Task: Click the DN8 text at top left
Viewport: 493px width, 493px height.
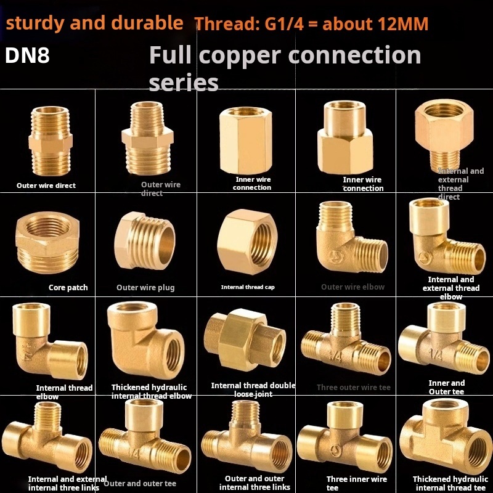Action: coord(28,55)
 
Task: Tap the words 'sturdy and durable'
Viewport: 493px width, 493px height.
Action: coord(94,23)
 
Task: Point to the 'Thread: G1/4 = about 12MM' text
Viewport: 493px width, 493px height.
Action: coord(311,24)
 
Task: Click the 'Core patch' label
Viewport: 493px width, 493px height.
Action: coord(68,287)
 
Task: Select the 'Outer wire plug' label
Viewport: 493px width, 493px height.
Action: coord(145,287)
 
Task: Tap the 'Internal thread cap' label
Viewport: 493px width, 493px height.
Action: coord(248,287)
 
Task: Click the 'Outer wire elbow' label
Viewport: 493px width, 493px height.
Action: coord(352,287)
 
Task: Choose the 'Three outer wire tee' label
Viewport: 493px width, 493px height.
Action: coord(354,388)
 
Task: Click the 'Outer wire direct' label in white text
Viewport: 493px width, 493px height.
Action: coord(46,185)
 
